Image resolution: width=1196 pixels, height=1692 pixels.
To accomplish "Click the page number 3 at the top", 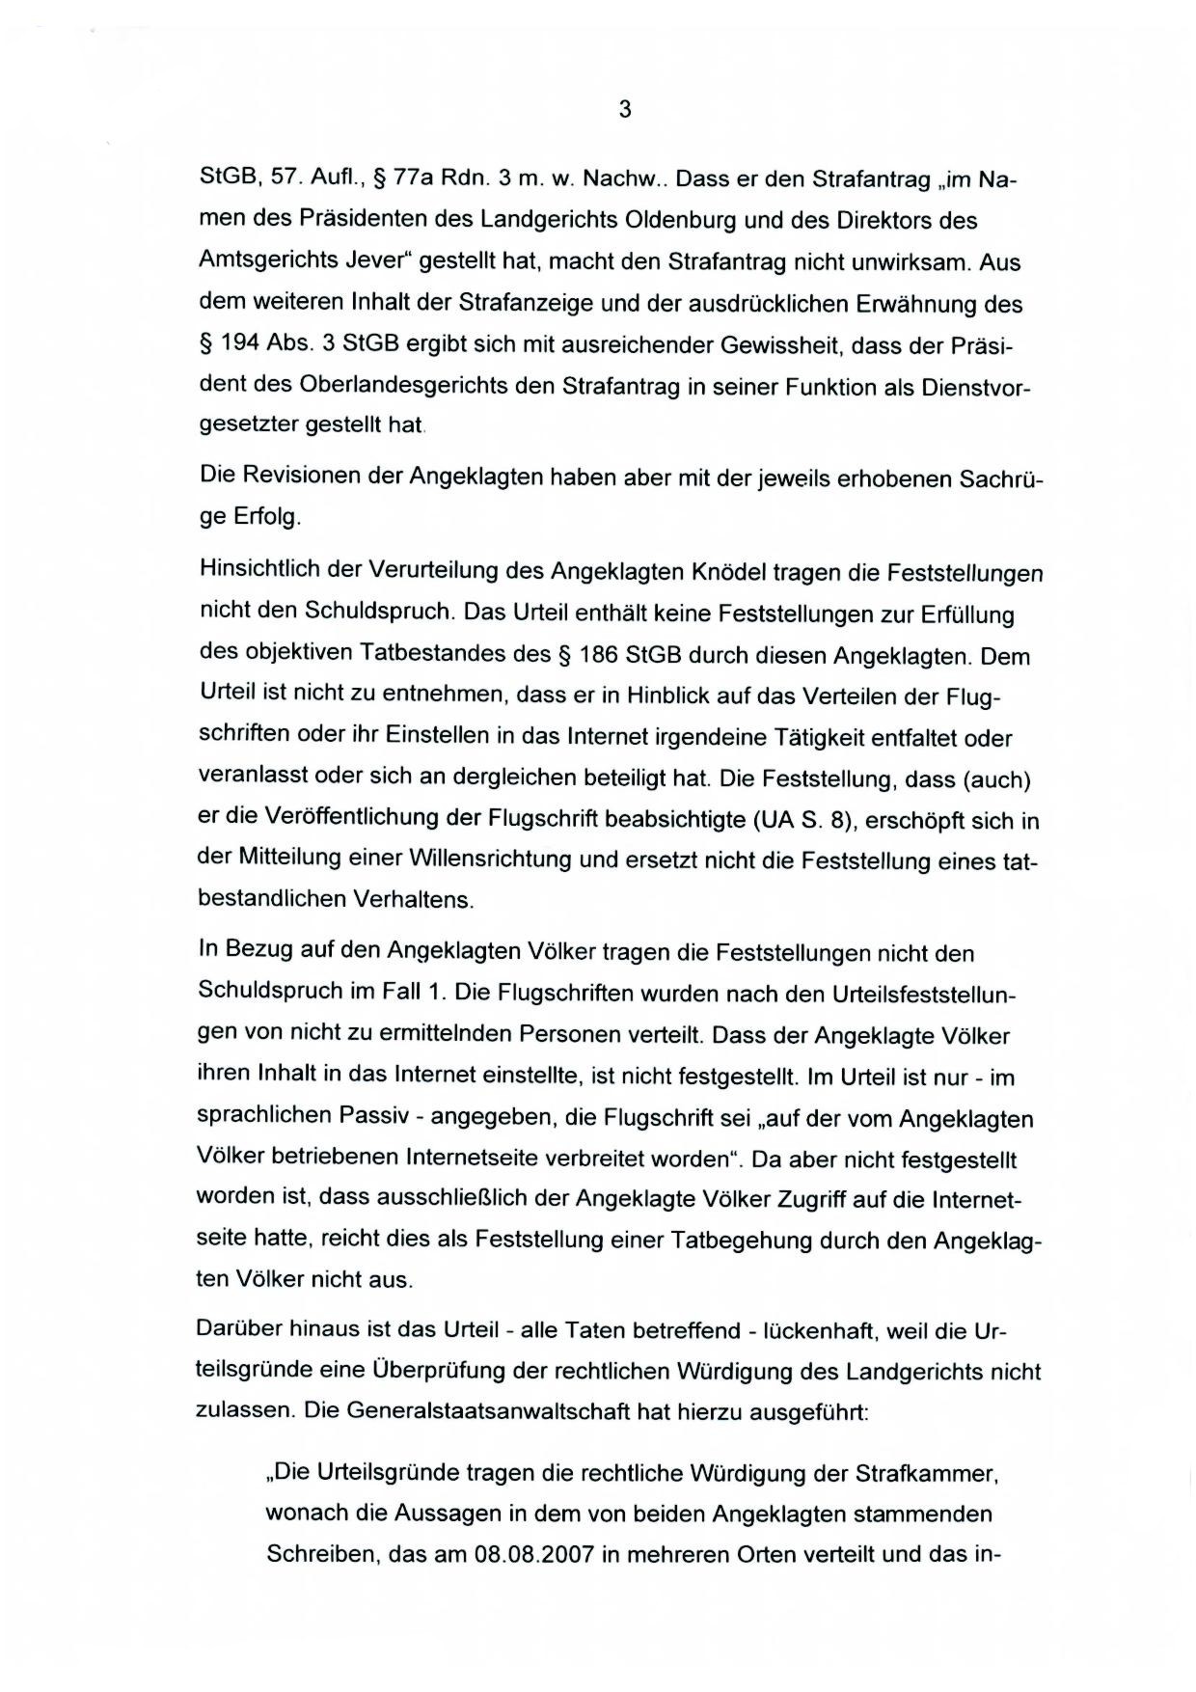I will click(x=624, y=110).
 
